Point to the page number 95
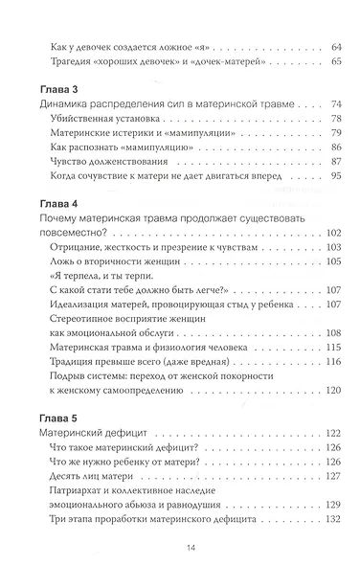333,203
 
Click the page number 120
330,418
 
